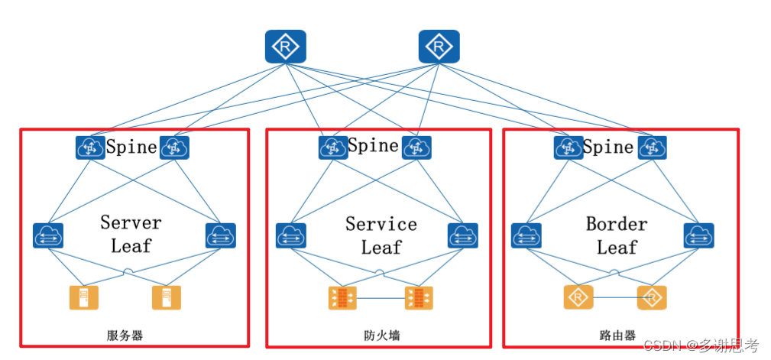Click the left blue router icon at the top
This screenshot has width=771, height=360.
coord(285,47)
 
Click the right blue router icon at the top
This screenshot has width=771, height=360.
coord(439,47)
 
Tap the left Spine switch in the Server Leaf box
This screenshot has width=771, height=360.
coord(90,148)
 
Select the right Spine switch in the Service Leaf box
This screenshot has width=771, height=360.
coord(416,148)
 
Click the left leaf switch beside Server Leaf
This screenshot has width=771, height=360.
coord(48,235)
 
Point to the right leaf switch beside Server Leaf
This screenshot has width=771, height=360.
coord(221,235)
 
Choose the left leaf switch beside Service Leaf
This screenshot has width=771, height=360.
coord(291,235)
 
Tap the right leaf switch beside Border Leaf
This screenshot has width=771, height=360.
coord(698,235)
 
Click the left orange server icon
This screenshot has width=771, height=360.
coord(84,297)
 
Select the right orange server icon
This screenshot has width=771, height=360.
coord(167,297)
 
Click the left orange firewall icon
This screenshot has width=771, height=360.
coord(342,297)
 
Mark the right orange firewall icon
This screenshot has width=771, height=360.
coord(419,297)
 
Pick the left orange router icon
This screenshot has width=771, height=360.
coord(578,297)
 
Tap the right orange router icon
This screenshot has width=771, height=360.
coord(652,297)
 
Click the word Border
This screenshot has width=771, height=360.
coord(617,224)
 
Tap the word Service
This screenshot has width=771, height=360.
coord(381,224)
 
